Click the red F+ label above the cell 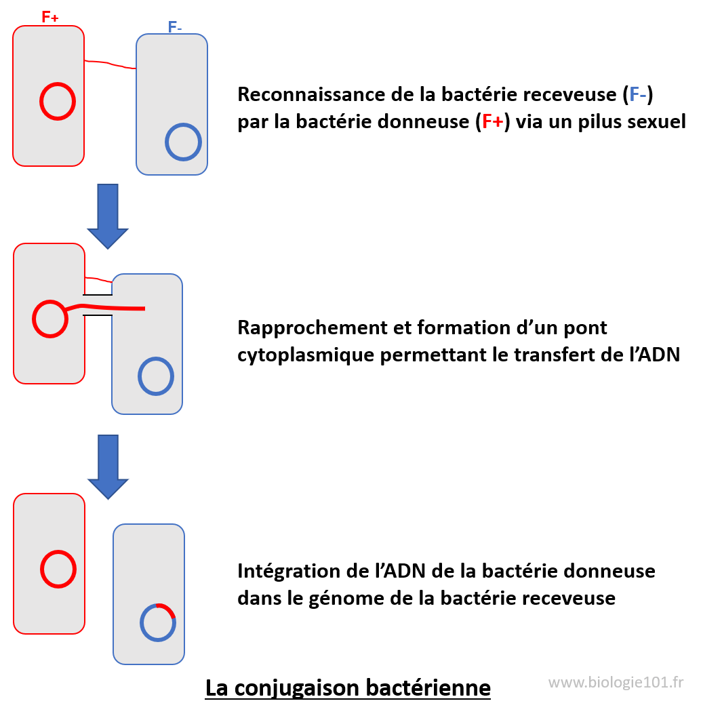(50, 17)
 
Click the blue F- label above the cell (175, 28)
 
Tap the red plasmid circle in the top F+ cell (57, 102)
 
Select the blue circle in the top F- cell (183, 142)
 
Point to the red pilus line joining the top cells (110, 64)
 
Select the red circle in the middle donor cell (49, 319)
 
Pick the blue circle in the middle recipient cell (156, 376)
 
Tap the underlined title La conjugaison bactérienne (348, 687)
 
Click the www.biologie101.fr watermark (616, 681)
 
